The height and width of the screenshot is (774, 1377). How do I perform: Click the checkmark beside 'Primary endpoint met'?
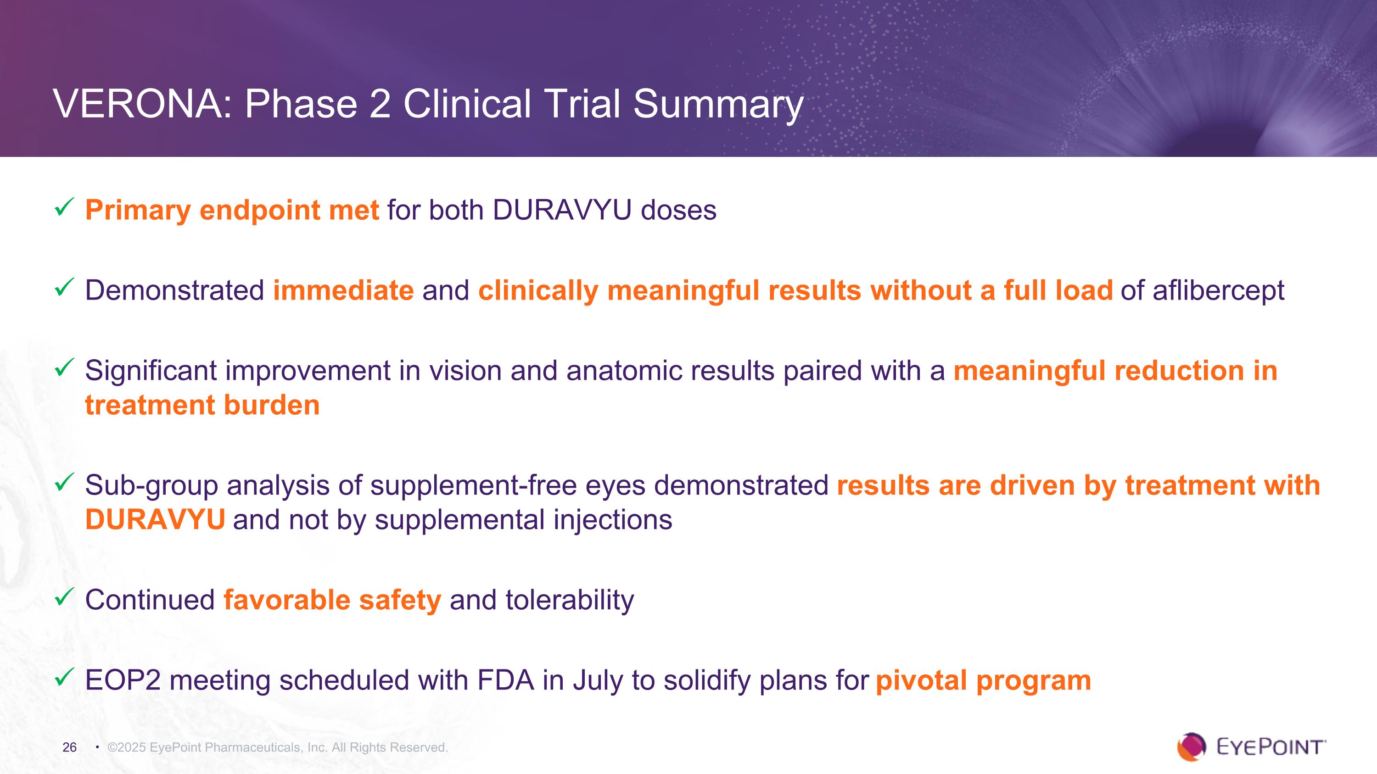(64, 207)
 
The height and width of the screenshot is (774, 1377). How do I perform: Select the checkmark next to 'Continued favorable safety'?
(64, 597)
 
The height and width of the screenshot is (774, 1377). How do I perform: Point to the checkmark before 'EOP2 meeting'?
(64, 677)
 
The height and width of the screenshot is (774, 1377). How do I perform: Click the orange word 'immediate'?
(343, 290)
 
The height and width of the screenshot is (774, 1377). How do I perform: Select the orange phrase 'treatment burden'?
(202, 405)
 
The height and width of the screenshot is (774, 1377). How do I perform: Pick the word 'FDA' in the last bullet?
(505, 680)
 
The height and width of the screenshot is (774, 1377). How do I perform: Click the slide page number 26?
(69, 747)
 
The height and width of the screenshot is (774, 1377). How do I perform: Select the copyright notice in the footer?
(277, 747)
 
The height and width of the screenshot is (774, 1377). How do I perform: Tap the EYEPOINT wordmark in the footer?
(1271, 747)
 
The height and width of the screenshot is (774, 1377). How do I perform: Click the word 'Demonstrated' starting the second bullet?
(175, 290)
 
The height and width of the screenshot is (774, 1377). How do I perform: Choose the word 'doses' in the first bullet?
(678, 210)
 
